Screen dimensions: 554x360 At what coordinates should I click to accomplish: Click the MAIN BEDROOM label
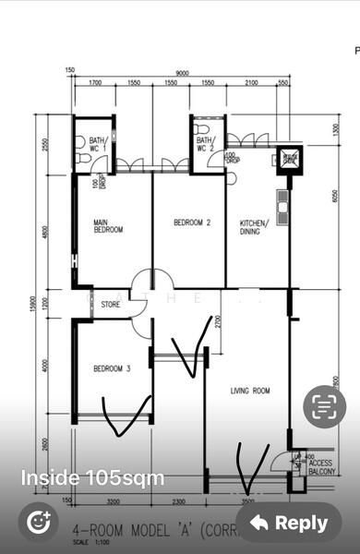click(x=108, y=226)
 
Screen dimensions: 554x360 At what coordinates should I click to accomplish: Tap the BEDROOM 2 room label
click(x=193, y=223)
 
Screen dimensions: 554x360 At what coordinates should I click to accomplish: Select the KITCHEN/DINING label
click(x=255, y=227)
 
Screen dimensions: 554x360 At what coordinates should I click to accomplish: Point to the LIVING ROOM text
click(x=250, y=391)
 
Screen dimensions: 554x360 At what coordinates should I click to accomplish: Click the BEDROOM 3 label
click(x=112, y=368)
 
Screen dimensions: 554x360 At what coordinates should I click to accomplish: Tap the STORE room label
click(x=111, y=304)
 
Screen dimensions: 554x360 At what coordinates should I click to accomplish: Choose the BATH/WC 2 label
click(x=204, y=143)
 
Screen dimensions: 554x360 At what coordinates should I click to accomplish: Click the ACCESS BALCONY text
click(x=321, y=467)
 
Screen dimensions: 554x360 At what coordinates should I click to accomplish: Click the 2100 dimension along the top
click(x=251, y=84)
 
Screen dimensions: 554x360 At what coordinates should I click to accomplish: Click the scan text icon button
click(x=324, y=405)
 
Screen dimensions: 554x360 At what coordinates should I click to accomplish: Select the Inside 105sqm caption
click(x=92, y=478)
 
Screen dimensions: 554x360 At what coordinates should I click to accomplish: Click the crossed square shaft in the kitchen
click(x=290, y=158)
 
